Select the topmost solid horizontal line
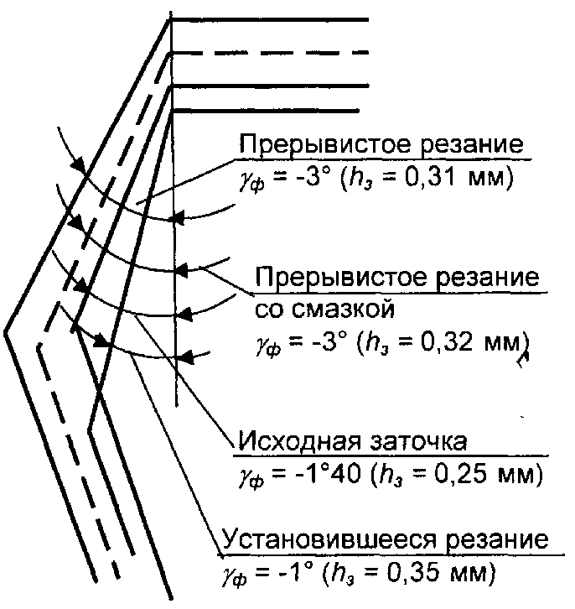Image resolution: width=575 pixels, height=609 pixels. tap(268, 19)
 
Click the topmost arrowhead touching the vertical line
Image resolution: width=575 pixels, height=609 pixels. tap(175, 221)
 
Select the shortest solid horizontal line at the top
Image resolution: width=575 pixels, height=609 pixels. tap(264, 110)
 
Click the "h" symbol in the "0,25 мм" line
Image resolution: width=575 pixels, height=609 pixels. tap(393, 475)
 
